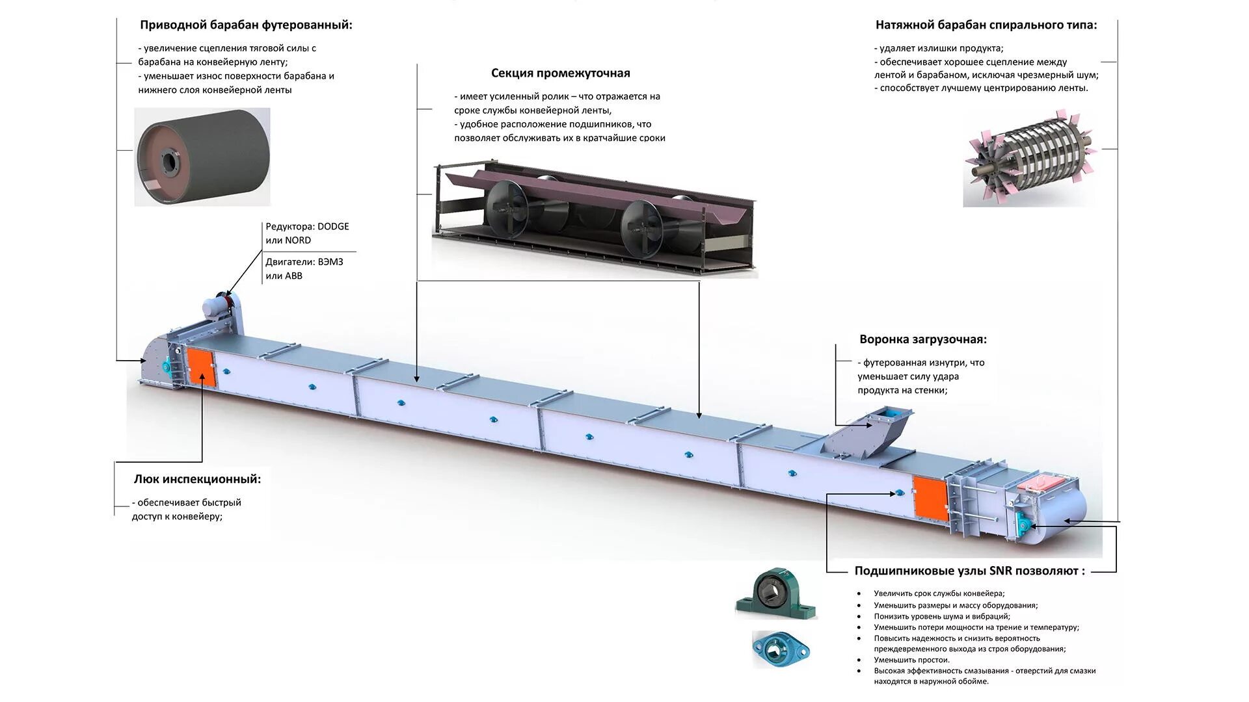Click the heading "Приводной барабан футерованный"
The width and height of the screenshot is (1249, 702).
coord(246,25)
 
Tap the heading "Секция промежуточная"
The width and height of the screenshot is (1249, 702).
coord(560,73)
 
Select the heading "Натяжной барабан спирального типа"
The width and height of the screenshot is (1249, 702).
coord(986,25)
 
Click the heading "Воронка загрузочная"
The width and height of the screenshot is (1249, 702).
coord(922,339)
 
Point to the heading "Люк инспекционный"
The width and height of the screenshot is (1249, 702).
coord(197,479)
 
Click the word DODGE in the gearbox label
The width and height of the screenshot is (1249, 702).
coord(333,226)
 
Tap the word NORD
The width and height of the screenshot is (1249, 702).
coord(297,240)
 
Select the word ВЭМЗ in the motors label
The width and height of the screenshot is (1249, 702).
coord(330,262)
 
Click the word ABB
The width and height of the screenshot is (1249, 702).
coord(293,276)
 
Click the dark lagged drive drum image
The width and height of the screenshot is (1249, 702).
coord(202,157)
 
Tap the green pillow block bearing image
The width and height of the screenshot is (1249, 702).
coord(775,594)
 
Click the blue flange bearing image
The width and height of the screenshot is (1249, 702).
coord(781,648)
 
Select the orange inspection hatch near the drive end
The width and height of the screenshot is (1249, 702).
coord(200,369)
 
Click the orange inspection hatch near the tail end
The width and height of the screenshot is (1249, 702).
coord(929,498)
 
